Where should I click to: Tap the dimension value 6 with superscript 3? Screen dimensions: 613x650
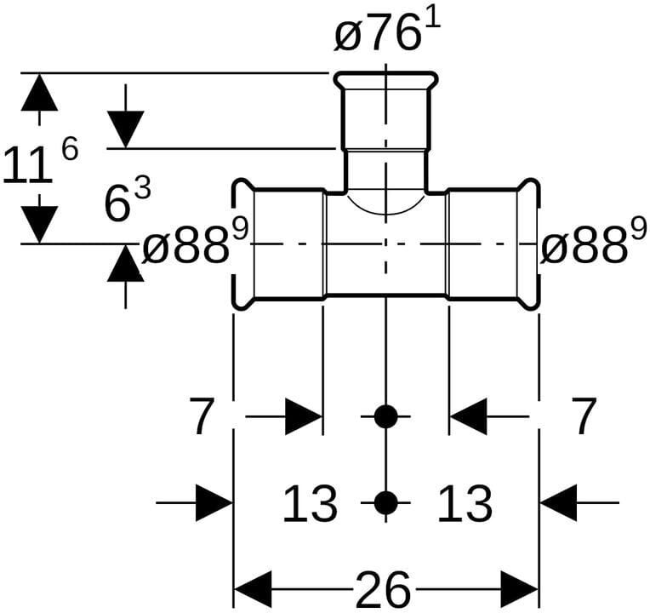(x=124, y=203)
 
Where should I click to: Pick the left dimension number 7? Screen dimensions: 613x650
(x=202, y=417)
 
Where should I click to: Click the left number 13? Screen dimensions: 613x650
(x=310, y=503)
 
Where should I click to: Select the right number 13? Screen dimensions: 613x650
(x=465, y=503)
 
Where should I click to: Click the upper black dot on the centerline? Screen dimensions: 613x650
(x=386, y=417)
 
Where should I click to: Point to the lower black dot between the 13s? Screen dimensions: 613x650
(x=386, y=503)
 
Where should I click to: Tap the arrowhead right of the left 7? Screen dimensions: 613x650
(x=304, y=417)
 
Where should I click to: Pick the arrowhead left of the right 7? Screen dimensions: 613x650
(x=468, y=417)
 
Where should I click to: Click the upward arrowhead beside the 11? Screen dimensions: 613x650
(x=39, y=93)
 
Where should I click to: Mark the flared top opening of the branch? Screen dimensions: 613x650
(x=386, y=81)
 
